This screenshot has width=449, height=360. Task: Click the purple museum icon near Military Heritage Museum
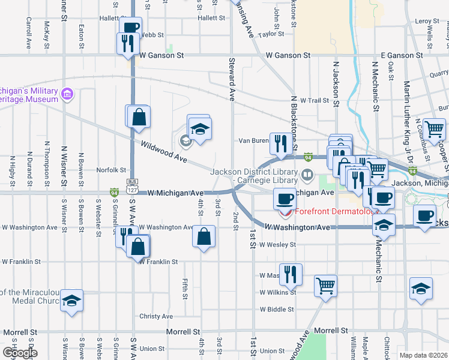(67, 95)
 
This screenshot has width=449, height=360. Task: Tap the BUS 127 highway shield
(133, 185)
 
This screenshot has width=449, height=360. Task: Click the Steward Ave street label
(231, 79)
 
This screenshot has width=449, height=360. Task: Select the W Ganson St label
(161, 55)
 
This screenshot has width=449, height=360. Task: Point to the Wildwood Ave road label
(164, 153)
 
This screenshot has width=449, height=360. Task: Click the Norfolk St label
(112, 170)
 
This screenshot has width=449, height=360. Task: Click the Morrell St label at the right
(331, 331)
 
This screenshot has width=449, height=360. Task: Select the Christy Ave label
(156, 316)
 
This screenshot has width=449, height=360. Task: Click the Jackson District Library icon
(307, 175)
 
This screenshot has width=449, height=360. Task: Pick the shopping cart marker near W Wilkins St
(325, 285)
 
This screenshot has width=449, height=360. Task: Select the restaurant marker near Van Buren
(280, 143)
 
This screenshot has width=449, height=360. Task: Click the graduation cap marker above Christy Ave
(71, 299)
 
